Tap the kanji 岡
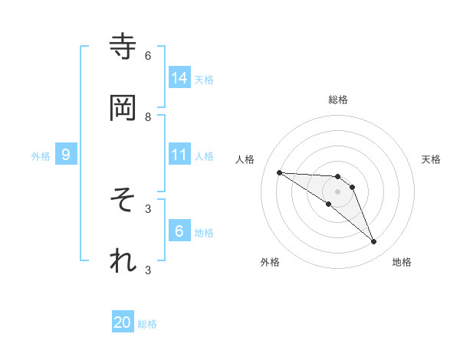click(123, 108)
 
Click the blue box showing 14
click(179, 77)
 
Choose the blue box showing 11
click(179, 155)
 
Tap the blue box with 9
click(66, 155)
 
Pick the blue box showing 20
click(123, 322)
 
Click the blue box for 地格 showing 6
click(179, 231)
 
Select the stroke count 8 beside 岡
click(148, 117)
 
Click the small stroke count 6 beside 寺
click(148, 56)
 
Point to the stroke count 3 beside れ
click(148, 270)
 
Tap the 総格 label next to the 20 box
click(147, 324)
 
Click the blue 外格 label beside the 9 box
click(41, 156)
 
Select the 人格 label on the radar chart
click(245, 159)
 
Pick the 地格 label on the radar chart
click(402, 262)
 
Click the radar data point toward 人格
click(279, 172)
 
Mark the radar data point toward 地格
click(373, 242)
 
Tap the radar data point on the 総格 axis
click(337, 176)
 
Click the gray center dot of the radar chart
click(337, 191)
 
